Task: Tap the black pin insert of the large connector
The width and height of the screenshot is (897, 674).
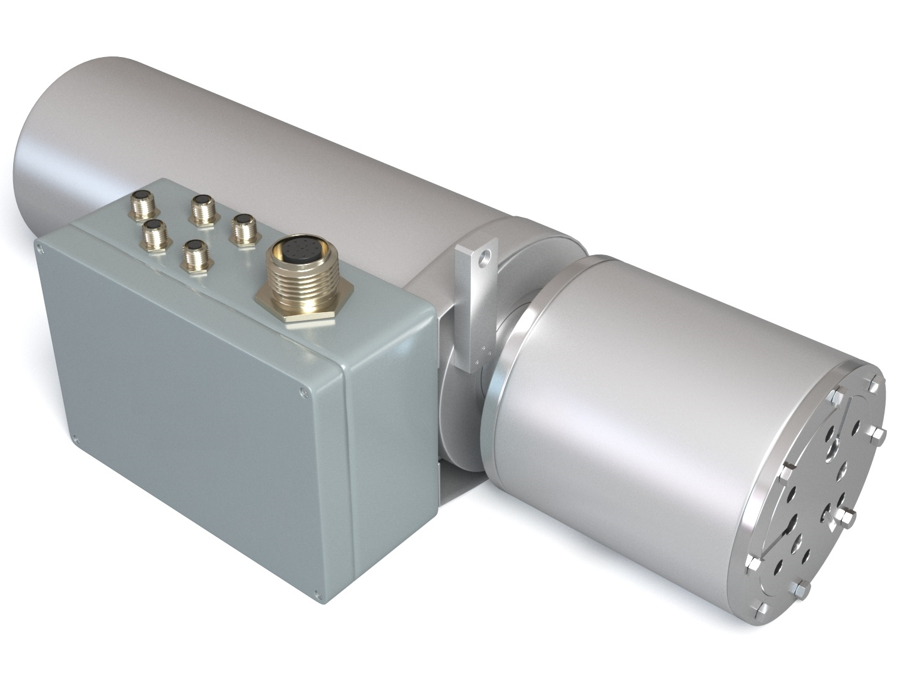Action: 295,253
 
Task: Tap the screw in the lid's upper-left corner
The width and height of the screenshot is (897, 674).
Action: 41,250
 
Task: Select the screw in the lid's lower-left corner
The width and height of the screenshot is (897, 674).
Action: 75,438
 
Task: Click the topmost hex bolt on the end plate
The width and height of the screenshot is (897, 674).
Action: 872,384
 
